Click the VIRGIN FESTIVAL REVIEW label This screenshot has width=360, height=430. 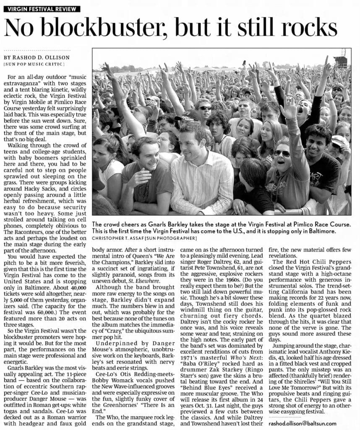(41, 9)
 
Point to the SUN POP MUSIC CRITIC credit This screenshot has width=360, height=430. (34, 64)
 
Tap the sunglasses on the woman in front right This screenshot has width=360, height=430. (282, 153)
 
